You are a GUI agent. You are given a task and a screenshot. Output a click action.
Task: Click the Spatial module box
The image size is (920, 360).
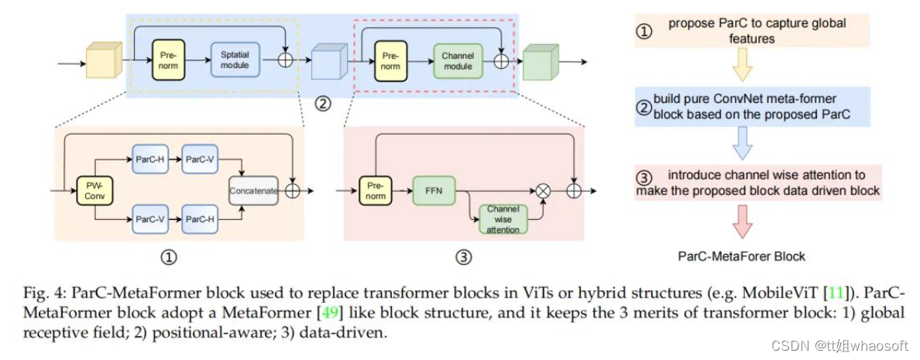pos(235,60)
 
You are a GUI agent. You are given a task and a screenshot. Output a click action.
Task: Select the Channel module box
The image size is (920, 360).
pos(458,60)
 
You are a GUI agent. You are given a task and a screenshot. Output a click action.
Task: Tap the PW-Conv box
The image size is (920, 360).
pos(93,190)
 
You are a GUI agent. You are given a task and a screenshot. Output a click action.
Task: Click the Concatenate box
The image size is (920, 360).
pos(253,190)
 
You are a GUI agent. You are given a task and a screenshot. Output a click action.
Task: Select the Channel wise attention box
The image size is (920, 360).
pos(503,218)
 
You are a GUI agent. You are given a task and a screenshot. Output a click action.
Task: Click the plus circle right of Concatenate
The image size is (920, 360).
pos(294,190)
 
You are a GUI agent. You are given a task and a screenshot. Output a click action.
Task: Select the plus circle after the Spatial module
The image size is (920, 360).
pos(286,60)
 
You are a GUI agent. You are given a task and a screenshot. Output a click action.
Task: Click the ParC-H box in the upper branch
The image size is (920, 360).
pos(149,158)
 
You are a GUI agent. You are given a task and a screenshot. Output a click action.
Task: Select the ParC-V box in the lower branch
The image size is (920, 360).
pos(149,219)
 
